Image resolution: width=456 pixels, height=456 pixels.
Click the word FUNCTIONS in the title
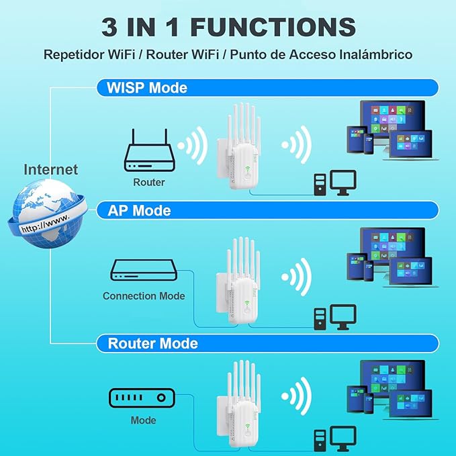pos(273,27)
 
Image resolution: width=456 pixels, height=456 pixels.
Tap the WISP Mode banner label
pos(147,88)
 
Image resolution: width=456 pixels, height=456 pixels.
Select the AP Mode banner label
pos(139,210)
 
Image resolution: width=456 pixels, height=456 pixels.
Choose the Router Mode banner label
pos(152,343)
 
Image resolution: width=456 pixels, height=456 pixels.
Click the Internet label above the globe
pos(51,169)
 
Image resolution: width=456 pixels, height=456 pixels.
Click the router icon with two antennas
pos(148,152)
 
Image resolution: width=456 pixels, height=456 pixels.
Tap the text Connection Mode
pos(144,295)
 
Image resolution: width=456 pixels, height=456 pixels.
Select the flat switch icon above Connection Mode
pos(143,270)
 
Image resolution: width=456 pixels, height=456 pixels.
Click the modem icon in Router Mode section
pos(142,398)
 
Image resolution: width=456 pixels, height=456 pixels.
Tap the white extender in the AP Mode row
pos(236,282)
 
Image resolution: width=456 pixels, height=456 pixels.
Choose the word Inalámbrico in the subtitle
pos(375,54)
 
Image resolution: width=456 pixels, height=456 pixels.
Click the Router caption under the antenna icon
pos(148,182)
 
